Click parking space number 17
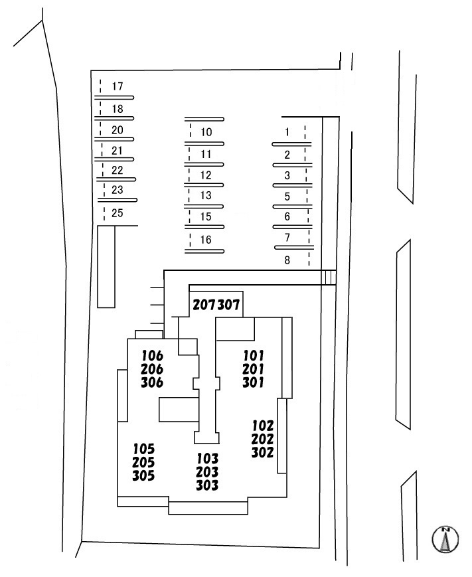click(118, 86)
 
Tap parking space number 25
click(118, 213)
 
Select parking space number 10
click(206, 132)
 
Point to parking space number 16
click(206, 239)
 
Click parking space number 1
click(287, 132)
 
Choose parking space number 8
click(287, 260)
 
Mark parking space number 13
click(206, 195)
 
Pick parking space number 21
click(118, 149)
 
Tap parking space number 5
click(287, 197)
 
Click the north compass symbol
click(446, 539)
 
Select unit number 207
click(204, 305)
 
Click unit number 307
click(229, 305)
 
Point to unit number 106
click(152, 355)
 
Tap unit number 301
click(254, 382)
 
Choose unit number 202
click(263, 439)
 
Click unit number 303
click(207, 485)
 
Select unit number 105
click(143, 448)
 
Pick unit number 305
click(143, 476)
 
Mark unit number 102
click(263, 425)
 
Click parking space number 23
click(118, 190)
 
